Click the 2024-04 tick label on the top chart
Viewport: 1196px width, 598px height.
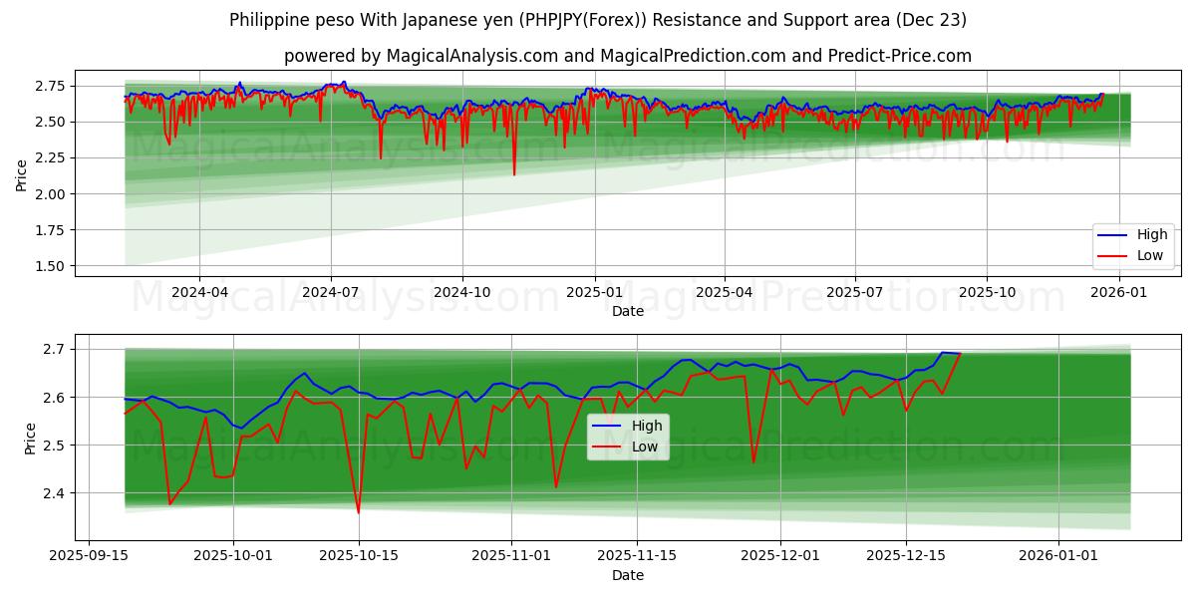pos(199,291)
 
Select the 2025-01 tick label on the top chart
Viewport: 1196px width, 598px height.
pos(594,291)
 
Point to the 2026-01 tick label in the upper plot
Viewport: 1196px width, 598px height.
pos(1119,291)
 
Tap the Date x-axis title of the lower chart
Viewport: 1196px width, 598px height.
pos(627,575)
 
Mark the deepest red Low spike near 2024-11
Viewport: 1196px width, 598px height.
pos(514,174)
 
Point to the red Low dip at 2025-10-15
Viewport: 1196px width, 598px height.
pos(358,512)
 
